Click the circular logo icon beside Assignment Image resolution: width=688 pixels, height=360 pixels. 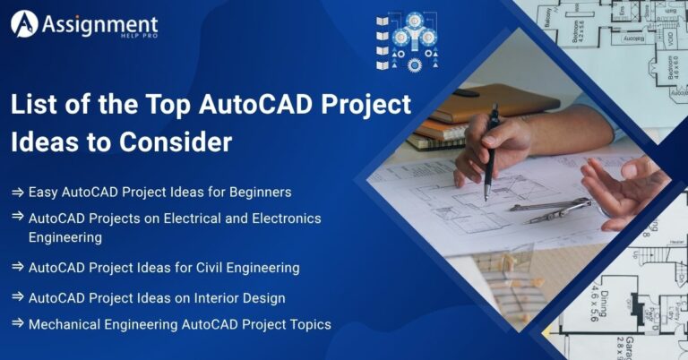tap(24, 24)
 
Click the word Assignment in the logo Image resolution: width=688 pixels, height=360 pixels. tap(100, 21)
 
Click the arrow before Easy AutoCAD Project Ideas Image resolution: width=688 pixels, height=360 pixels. tap(17, 193)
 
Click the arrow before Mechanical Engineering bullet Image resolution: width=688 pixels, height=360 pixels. tap(17, 324)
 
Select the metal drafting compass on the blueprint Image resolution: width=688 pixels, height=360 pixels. tap(551, 210)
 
